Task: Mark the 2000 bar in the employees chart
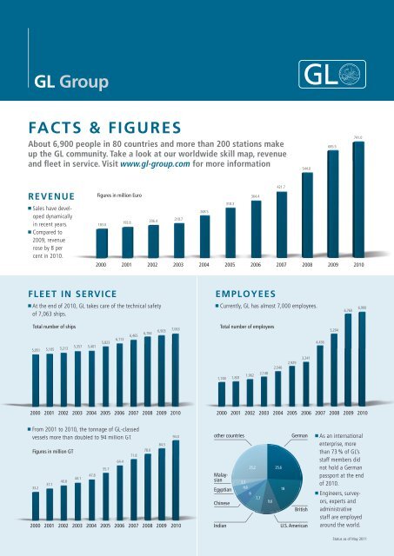pyautogui.click(x=222, y=393)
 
